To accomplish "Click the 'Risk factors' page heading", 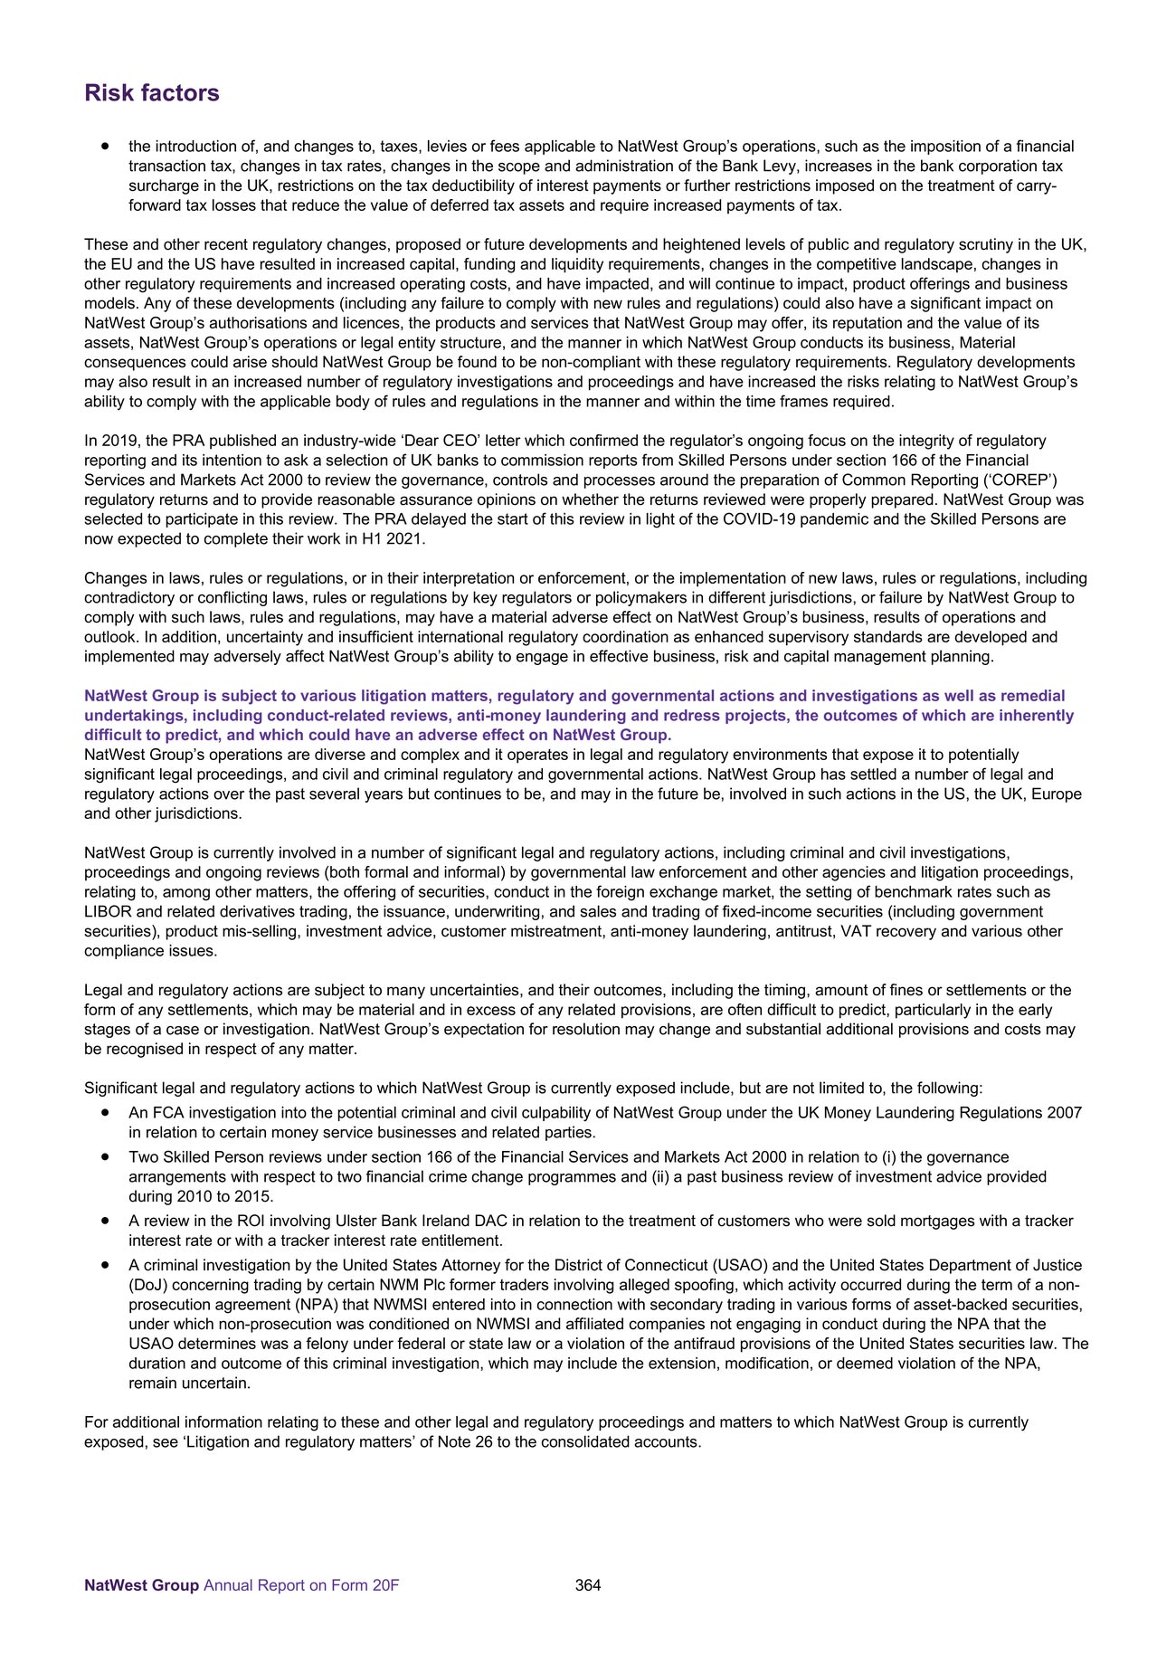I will click(x=151, y=93).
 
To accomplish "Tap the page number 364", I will click(x=588, y=1584).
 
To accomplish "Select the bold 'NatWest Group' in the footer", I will click(x=141, y=1585).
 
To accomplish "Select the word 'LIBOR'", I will click(x=108, y=912).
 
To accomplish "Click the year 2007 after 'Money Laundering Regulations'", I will click(x=1065, y=1113).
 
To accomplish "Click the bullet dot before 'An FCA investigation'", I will click(x=107, y=1112).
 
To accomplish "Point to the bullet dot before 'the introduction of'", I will click(x=107, y=146).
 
